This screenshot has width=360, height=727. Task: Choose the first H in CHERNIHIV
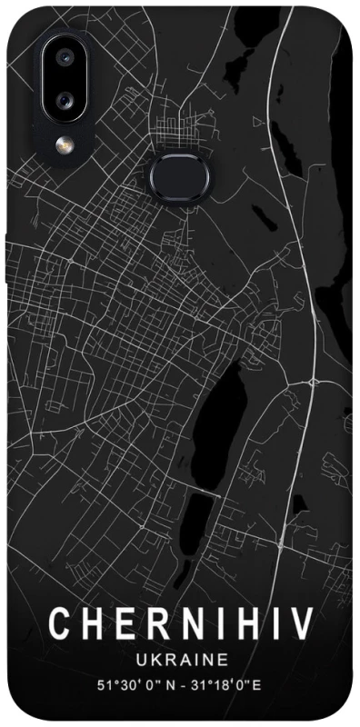click(92, 625)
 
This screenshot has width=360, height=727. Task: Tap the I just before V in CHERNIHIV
click(271, 625)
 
